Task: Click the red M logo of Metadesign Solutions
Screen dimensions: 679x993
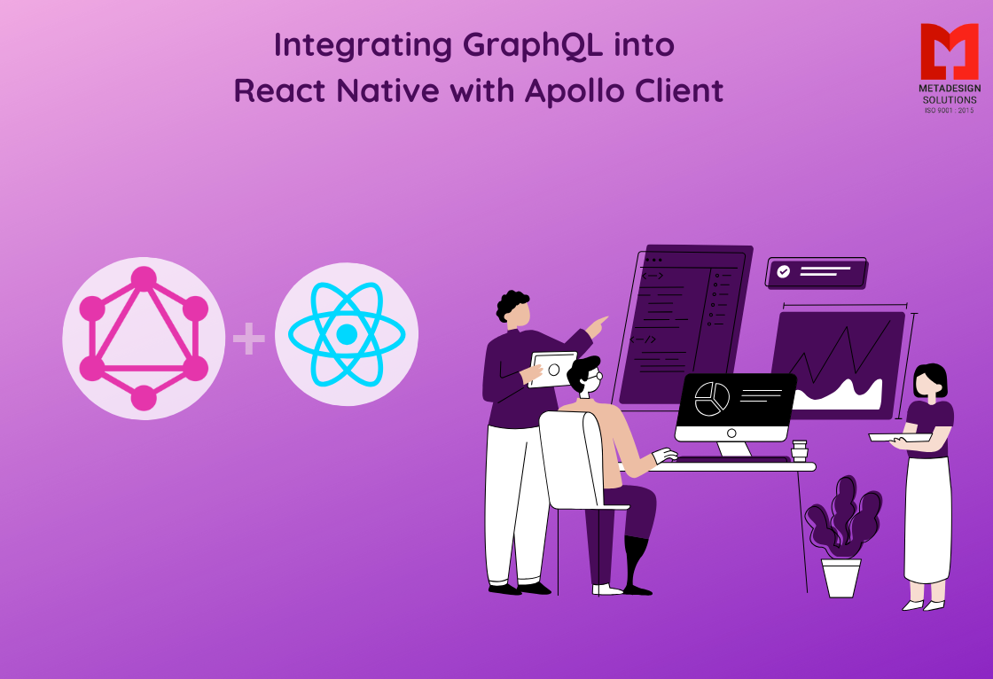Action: coord(949,51)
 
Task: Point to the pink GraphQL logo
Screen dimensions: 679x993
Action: coord(144,339)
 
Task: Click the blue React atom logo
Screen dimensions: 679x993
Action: coord(347,334)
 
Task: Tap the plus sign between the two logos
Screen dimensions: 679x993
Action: coord(248,339)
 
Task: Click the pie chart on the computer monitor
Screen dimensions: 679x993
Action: coord(711,399)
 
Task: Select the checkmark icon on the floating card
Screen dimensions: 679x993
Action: coord(783,271)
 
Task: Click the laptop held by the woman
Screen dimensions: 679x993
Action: coord(897,437)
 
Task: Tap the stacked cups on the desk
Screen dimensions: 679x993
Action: coord(800,450)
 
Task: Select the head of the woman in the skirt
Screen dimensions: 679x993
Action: coord(929,381)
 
